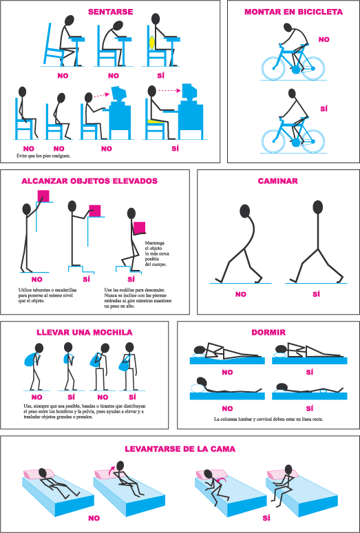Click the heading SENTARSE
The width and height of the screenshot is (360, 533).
pyautogui.click(x=110, y=12)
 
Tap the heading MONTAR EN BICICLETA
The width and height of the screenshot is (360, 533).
pyautogui.click(x=293, y=12)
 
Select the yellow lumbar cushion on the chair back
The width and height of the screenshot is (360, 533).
pyautogui.click(x=152, y=43)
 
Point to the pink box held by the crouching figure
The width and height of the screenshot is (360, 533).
pyautogui.click(x=140, y=227)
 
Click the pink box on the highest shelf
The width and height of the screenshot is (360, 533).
pyautogui.click(x=44, y=196)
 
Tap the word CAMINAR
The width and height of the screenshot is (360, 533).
pyautogui.click(x=278, y=181)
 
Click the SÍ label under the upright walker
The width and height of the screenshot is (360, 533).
pyautogui.click(x=316, y=294)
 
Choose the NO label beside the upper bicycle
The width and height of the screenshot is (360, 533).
pyautogui.click(x=324, y=39)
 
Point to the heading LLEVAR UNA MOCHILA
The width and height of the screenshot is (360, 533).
pyautogui.click(x=85, y=333)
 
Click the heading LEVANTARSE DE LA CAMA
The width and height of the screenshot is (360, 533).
pyautogui.click(x=180, y=449)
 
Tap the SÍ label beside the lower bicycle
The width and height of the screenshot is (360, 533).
pyautogui.click(x=324, y=109)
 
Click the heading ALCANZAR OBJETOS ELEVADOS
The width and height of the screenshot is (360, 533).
pyautogui.click(x=89, y=181)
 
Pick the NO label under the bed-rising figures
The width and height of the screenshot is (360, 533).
pyautogui.click(x=94, y=519)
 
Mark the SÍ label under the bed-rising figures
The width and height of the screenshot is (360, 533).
pyautogui.click(x=266, y=518)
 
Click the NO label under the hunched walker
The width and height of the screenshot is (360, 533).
pyautogui.click(x=240, y=294)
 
